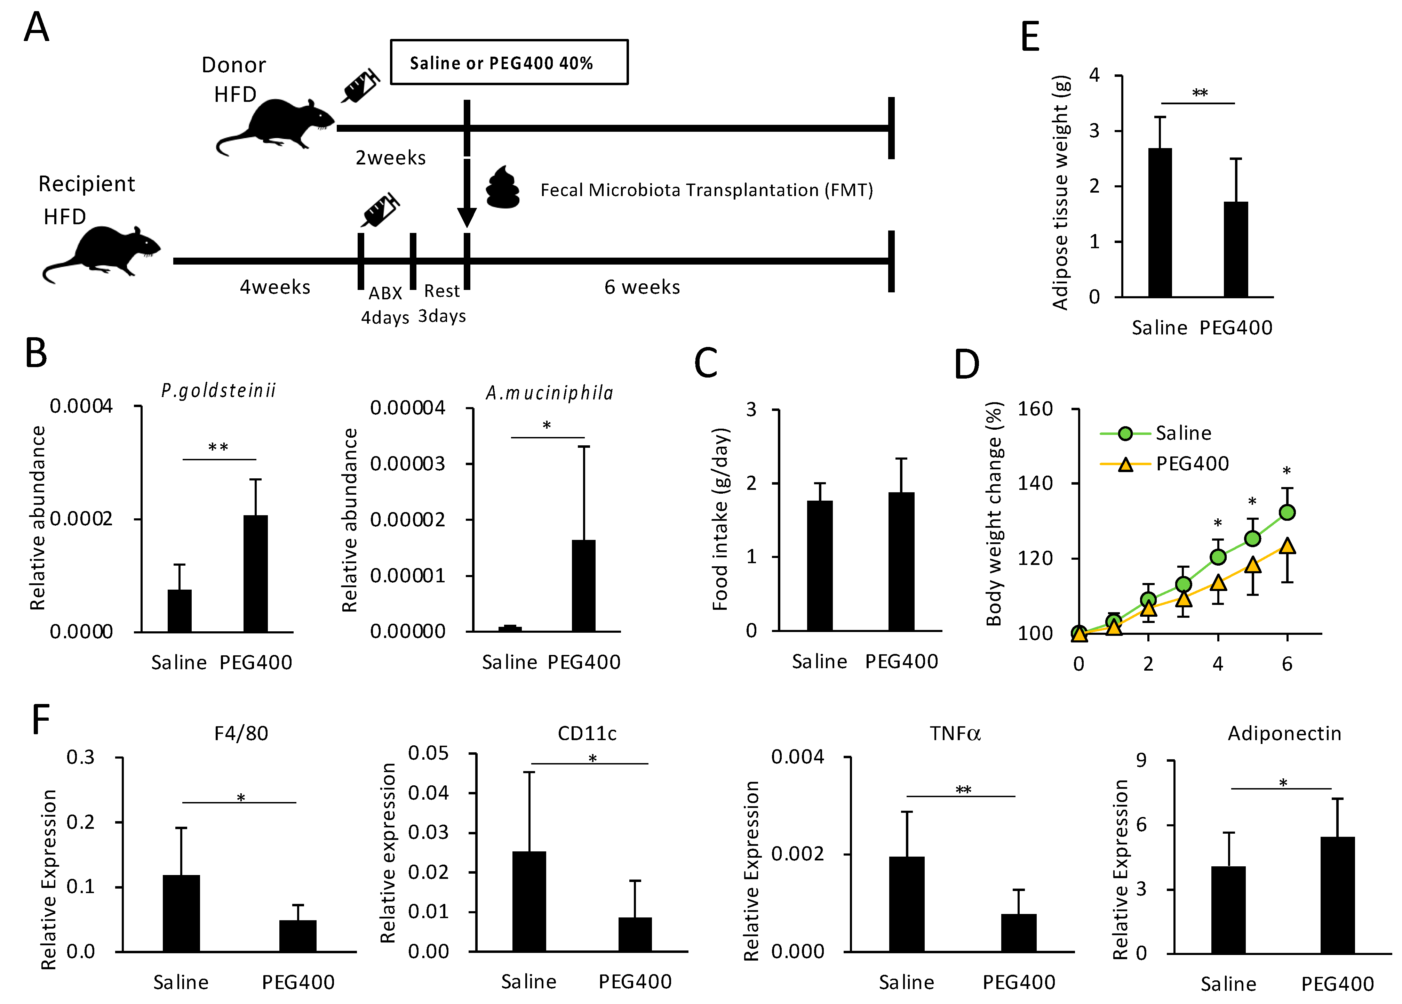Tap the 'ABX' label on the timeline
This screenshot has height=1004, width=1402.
click(385, 292)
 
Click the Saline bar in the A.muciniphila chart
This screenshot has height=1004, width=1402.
click(510, 628)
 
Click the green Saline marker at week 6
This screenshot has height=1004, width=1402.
click(1287, 512)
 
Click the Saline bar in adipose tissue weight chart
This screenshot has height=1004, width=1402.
click(1160, 222)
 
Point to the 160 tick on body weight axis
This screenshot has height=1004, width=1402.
click(1035, 409)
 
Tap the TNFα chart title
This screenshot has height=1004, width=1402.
click(955, 734)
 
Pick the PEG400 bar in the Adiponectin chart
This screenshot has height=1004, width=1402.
click(1337, 894)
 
